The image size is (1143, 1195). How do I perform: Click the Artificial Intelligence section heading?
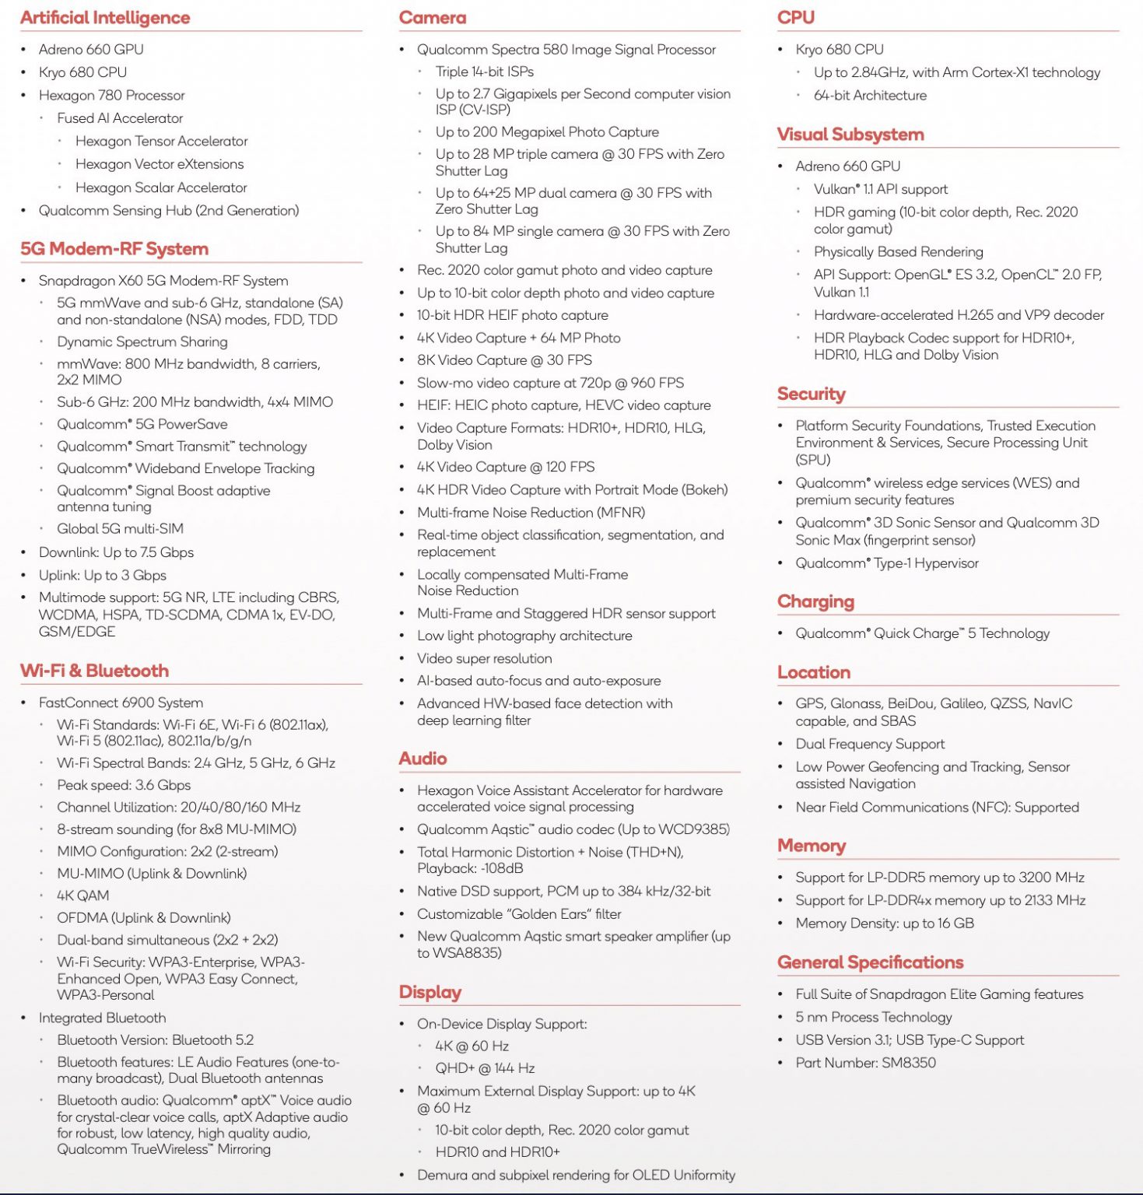(105, 18)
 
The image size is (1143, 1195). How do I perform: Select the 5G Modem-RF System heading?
(114, 249)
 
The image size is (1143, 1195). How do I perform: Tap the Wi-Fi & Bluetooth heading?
(94, 671)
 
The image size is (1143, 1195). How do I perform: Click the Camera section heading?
(433, 18)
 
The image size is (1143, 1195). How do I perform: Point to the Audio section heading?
(422, 759)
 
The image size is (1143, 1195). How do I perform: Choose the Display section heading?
(430, 992)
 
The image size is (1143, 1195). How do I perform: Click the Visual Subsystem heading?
(850, 135)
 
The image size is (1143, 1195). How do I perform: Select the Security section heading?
(811, 394)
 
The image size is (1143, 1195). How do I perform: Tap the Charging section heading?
(815, 601)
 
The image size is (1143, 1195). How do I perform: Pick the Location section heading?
(814, 672)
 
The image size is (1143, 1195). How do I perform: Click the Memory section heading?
(812, 846)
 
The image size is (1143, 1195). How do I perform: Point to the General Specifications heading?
(870, 962)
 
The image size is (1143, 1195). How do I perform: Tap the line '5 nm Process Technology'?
(873, 1017)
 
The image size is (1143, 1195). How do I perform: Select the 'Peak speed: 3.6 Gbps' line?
(124, 785)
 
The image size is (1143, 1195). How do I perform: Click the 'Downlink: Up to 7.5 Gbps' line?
(116, 552)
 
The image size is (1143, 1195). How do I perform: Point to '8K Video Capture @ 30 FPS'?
(504, 360)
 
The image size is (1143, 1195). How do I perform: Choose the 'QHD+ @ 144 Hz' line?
(485, 1068)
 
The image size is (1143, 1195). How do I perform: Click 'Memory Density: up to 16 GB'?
(885, 923)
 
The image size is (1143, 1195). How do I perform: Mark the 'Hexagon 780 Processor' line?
(111, 95)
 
